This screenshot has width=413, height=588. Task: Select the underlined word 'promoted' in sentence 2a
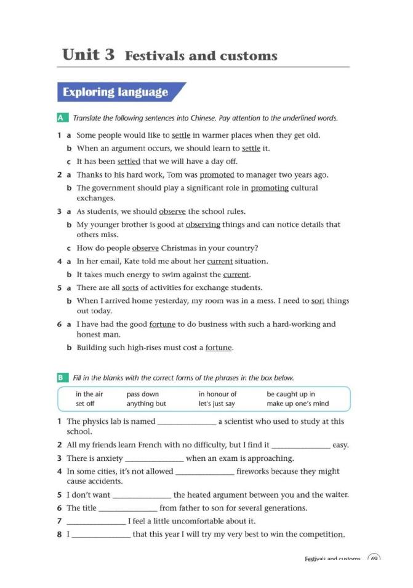pyautogui.click(x=217, y=174)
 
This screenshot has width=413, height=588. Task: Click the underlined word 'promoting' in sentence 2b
pyautogui.click(x=270, y=188)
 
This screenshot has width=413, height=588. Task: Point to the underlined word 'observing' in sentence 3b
pyautogui.click(x=202, y=224)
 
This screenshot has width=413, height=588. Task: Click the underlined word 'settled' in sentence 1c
pyautogui.click(x=129, y=161)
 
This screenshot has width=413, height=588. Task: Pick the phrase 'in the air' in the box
pyautogui.click(x=89, y=394)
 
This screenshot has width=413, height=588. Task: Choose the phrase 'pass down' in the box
pyautogui.click(x=142, y=394)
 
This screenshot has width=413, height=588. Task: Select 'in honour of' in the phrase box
pyautogui.click(x=217, y=394)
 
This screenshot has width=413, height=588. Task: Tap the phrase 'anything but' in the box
pyautogui.click(x=146, y=404)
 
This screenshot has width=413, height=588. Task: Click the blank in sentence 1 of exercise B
pyautogui.click(x=187, y=422)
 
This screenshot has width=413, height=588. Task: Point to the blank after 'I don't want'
pyautogui.click(x=142, y=495)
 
